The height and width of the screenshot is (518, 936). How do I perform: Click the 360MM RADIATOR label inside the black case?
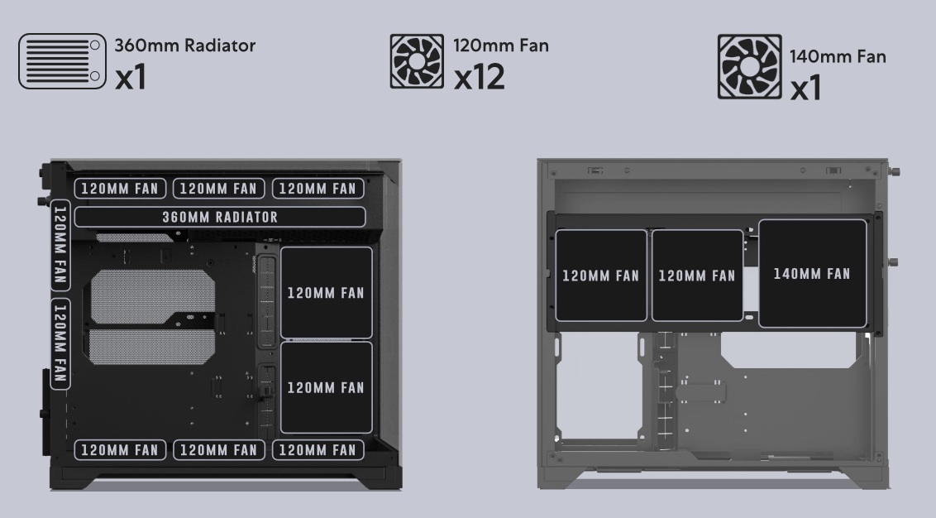[220, 217]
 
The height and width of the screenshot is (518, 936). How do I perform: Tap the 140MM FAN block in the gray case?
[812, 274]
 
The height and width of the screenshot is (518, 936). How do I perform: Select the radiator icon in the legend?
[63, 61]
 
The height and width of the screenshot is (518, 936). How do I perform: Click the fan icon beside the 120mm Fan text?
[417, 61]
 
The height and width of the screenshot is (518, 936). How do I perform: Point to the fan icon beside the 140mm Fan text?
[749, 66]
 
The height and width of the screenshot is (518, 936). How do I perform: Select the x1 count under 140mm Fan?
[805, 87]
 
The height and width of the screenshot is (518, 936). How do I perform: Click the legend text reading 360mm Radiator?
[184, 46]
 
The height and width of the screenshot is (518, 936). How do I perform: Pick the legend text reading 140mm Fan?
[838, 57]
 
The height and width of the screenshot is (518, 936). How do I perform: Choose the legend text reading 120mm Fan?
[501, 46]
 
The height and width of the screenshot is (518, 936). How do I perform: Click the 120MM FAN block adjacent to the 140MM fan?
[697, 276]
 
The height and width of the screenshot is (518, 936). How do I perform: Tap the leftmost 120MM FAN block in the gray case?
[600, 276]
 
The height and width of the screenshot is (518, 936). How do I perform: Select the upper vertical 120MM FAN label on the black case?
[60, 245]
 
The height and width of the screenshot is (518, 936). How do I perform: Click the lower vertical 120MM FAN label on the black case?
[60, 343]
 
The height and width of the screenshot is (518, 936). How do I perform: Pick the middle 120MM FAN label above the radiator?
[218, 189]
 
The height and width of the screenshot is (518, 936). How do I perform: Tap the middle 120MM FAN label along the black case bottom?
[218, 450]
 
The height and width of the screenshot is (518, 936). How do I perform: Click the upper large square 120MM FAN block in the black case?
[326, 293]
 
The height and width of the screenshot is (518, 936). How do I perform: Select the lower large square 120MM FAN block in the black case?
[326, 388]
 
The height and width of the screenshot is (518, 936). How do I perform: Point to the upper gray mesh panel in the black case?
[152, 297]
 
